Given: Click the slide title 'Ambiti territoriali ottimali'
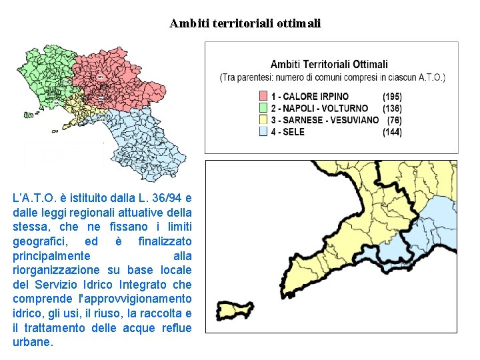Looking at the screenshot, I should [245, 23].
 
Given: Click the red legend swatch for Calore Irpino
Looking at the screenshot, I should [263, 96].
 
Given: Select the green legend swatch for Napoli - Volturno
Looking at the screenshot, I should [263, 108].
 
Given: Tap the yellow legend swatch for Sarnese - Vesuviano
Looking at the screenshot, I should [263, 120].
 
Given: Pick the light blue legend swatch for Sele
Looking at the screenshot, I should [263, 132].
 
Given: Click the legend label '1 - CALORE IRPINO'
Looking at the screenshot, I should [309, 96].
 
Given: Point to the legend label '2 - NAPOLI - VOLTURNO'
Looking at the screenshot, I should [319, 108].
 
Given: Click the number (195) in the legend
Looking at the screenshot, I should [392, 96].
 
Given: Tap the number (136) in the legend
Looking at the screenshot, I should [392, 108].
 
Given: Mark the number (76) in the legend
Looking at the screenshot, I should [394, 120].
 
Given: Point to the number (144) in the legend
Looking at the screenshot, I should [392, 132].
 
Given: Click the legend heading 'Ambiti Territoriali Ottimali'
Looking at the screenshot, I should [329, 65].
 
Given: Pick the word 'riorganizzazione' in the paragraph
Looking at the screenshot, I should [57, 270].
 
